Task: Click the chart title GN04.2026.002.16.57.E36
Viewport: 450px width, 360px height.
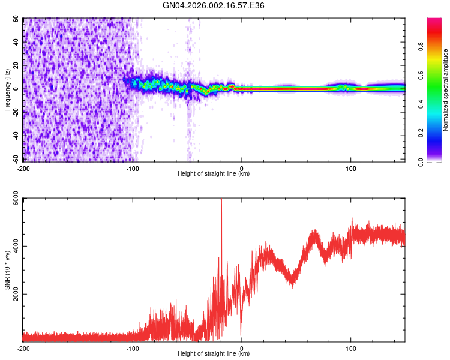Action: click(x=214, y=5)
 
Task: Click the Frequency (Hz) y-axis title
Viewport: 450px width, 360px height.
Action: click(x=7, y=90)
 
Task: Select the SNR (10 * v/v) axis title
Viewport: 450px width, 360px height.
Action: click(x=7, y=269)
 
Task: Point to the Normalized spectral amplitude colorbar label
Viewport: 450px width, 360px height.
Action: click(x=446, y=90)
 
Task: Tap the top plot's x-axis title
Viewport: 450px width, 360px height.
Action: click(x=214, y=173)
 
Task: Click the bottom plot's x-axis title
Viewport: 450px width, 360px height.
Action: click(x=214, y=353)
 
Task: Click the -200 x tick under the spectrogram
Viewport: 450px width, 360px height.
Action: click(x=23, y=168)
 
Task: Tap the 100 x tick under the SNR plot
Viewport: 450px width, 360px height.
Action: click(x=350, y=348)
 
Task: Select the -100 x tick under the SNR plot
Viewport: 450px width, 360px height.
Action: click(x=133, y=348)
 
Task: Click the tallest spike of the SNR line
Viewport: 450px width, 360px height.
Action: click(x=221, y=200)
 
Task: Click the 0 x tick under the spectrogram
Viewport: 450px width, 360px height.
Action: click(x=242, y=168)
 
